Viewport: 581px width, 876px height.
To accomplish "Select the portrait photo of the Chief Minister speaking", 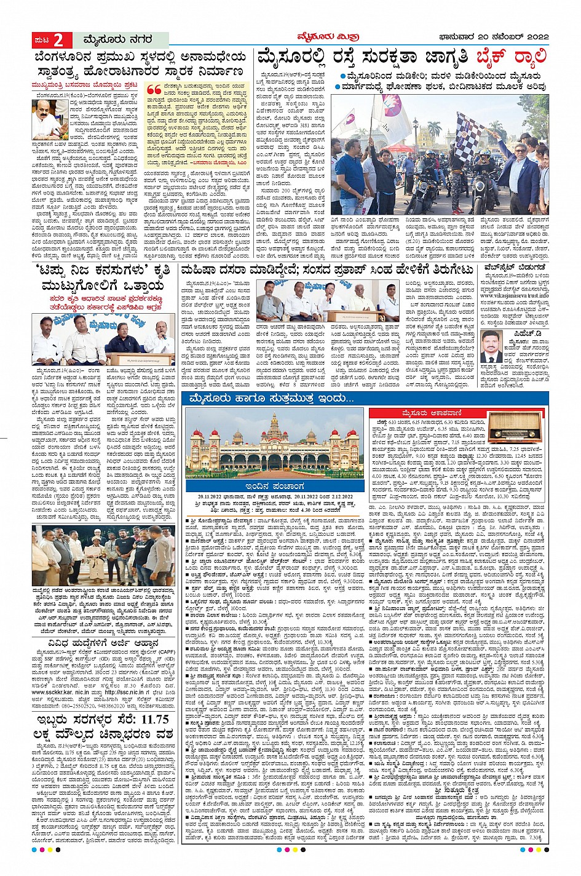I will tap(50, 118).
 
